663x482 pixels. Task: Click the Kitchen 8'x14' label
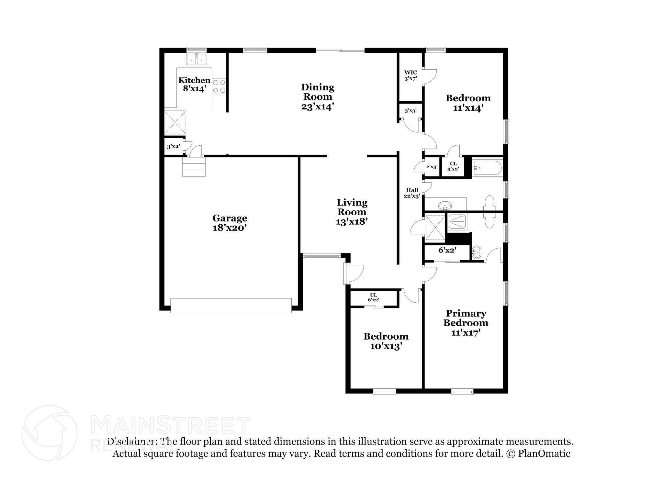pyautogui.click(x=194, y=84)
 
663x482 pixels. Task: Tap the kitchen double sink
pyautogui.click(x=197, y=59)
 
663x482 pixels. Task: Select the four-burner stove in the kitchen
pyautogui.click(x=219, y=86)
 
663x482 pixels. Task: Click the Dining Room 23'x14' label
pyautogui.click(x=317, y=96)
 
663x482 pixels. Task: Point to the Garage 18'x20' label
pyautogui.click(x=230, y=223)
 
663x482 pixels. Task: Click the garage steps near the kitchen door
pyautogui.click(x=194, y=167)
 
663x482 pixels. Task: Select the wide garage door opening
pyautogui.click(x=231, y=305)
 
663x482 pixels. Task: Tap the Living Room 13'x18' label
pyautogui.click(x=352, y=212)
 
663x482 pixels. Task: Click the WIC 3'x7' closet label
pyautogui.click(x=410, y=75)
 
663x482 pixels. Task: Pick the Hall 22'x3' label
pyautogui.click(x=412, y=193)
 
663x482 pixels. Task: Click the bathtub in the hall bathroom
pyautogui.click(x=487, y=168)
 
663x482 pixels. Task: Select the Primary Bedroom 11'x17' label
pyautogui.click(x=466, y=323)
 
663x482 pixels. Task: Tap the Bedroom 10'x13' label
pyautogui.click(x=386, y=341)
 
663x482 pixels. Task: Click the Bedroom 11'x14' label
pyautogui.click(x=468, y=103)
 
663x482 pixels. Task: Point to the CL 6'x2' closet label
pyautogui.click(x=373, y=297)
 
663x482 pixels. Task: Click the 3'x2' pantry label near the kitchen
pyautogui.click(x=173, y=147)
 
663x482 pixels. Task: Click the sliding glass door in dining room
pyautogui.click(x=340, y=50)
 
